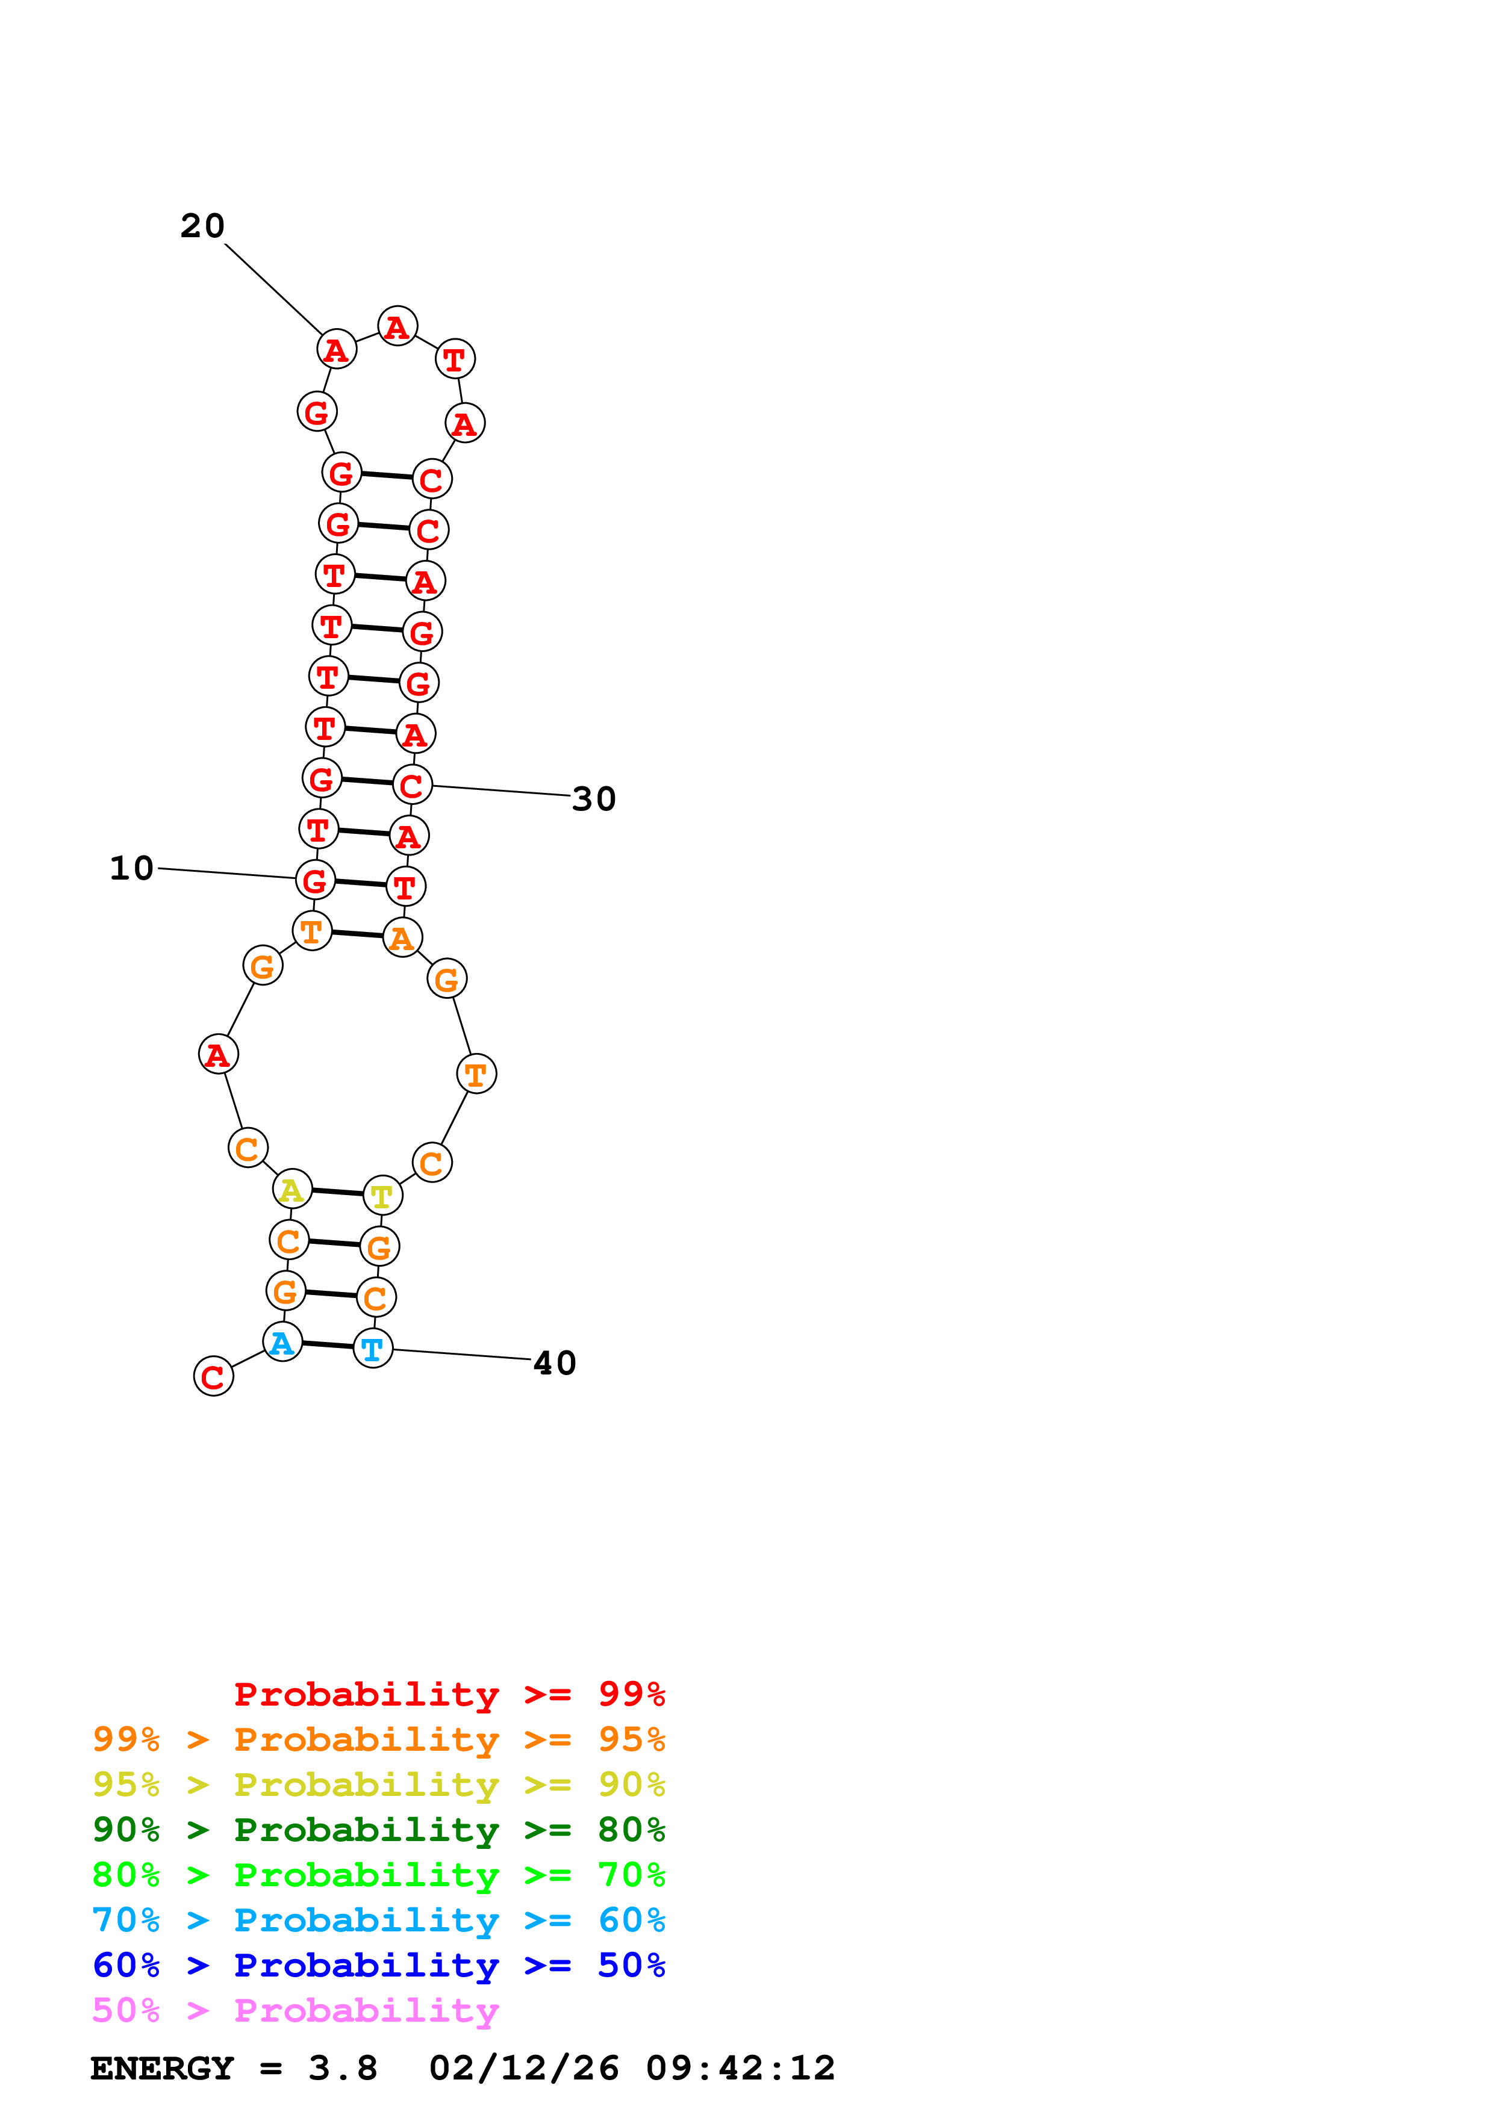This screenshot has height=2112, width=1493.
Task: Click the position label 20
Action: [x=202, y=225]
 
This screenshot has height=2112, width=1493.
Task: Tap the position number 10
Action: [x=131, y=868]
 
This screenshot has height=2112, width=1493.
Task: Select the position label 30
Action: [x=593, y=798]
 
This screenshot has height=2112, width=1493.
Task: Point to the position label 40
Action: [x=555, y=1362]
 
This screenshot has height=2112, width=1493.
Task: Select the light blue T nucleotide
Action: [x=373, y=1349]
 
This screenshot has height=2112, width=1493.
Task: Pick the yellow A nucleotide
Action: [x=291, y=1190]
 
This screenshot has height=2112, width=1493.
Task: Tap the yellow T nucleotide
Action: [x=382, y=1196]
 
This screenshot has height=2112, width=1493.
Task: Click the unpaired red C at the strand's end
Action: [x=213, y=1376]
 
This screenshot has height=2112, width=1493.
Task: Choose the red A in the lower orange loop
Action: [x=218, y=1054]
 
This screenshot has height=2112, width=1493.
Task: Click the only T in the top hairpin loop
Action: [x=455, y=359]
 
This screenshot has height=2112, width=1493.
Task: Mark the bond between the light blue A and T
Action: [x=328, y=1345]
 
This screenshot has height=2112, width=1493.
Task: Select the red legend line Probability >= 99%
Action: [x=449, y=1694]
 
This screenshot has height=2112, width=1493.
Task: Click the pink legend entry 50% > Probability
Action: [x=295, y=2011]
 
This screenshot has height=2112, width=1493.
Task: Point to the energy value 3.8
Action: [x=342, y=2068]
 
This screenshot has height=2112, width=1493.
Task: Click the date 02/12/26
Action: [x=523, y=2068]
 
